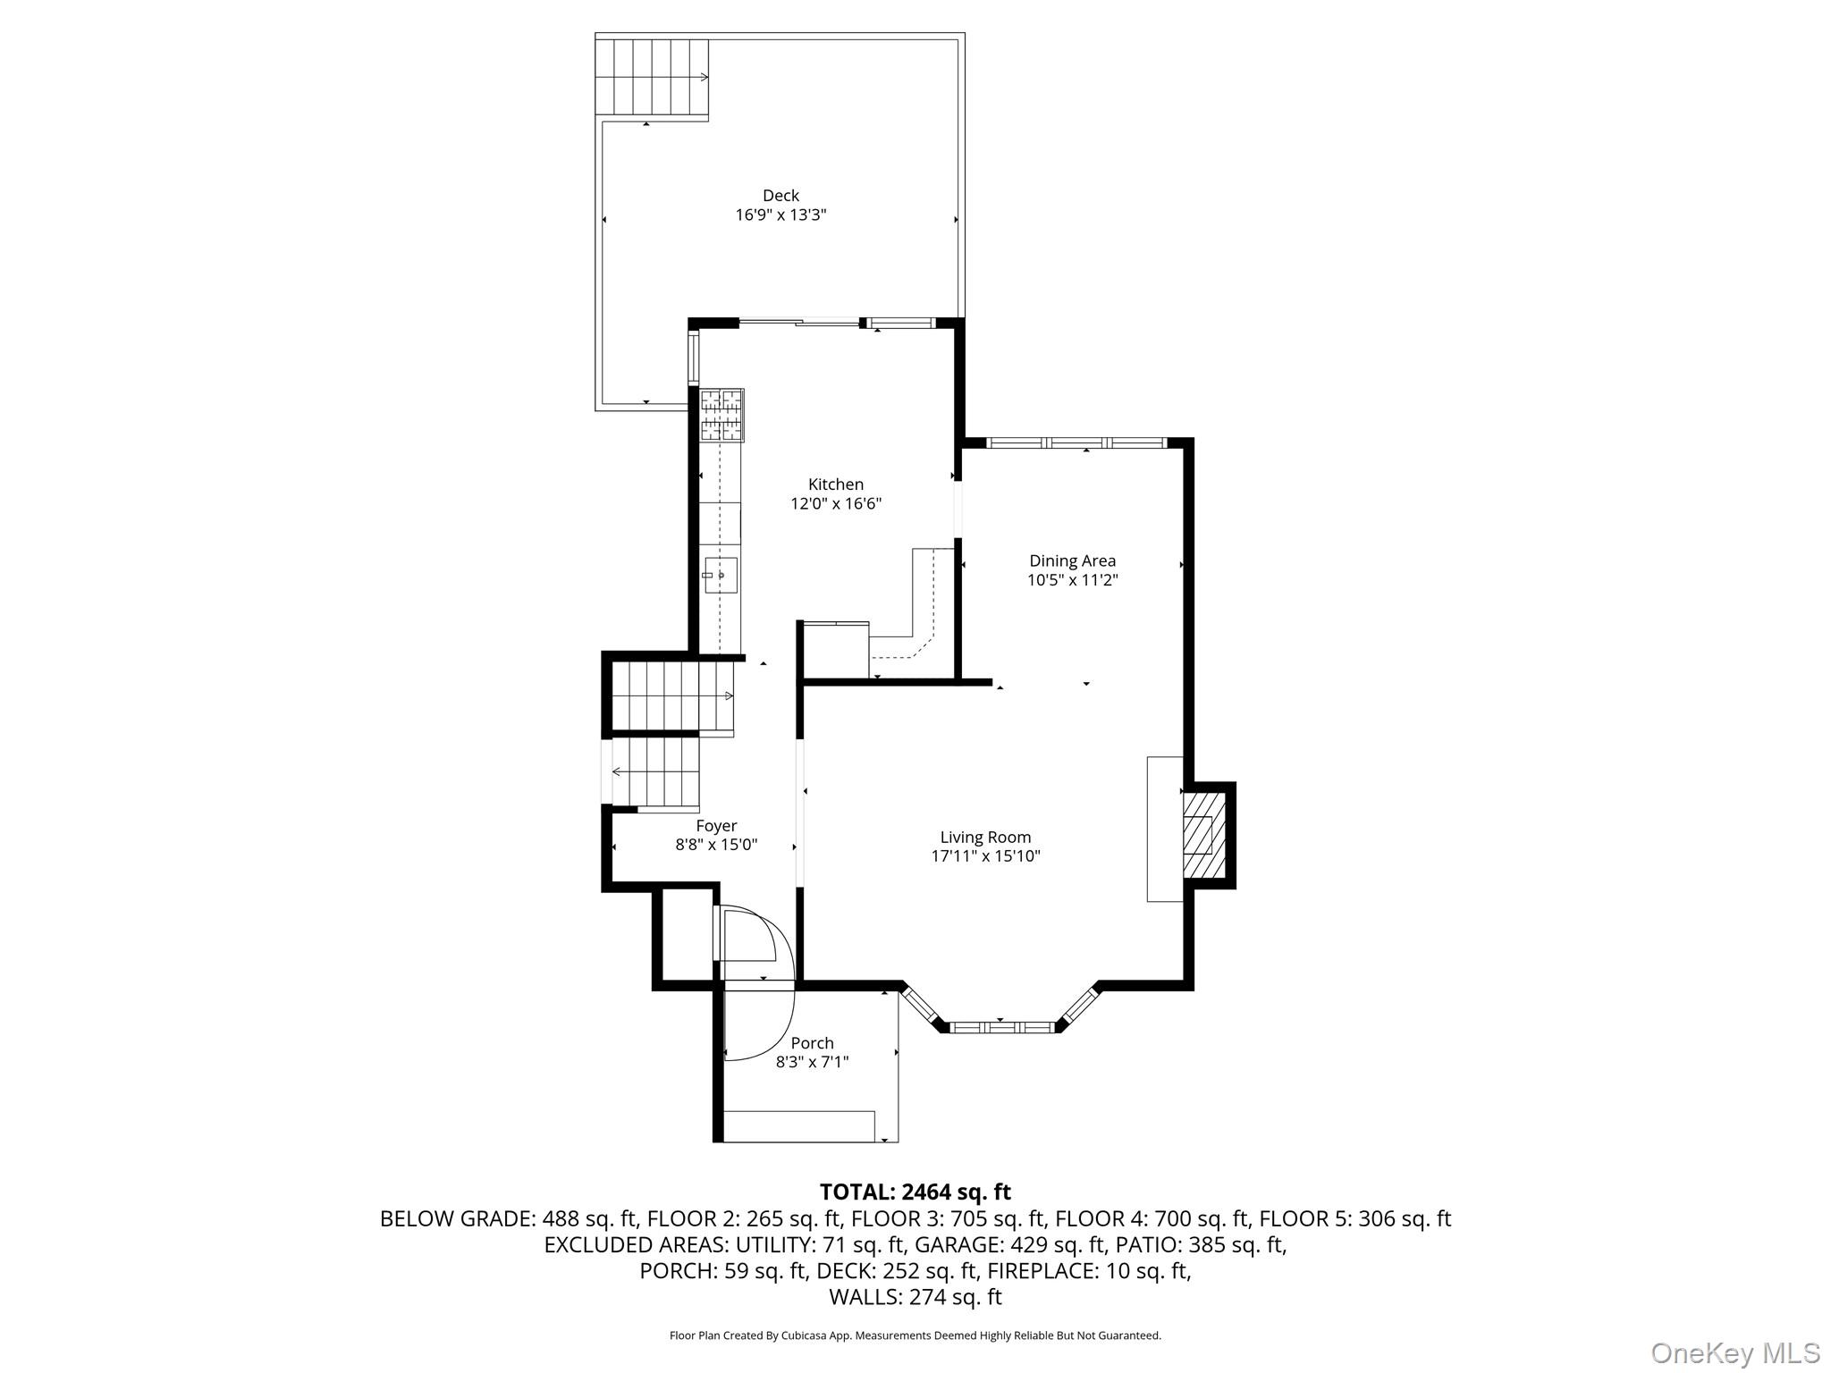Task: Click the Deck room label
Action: pos(780,196)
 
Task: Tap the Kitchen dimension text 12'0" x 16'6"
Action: pos(836,504)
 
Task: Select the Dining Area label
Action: pos(1072,561)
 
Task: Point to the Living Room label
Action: pos(985,838)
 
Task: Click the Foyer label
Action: pos(716,827)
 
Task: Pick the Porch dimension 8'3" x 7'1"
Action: pos(812,1063)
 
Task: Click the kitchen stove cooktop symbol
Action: pos(721,415)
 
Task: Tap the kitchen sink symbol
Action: pos(721,575)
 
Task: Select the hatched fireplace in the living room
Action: pos(1198,836)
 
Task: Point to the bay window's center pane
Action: pos(1000,1028)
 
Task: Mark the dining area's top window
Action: pos(1076,442)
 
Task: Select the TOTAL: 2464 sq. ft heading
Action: pos(915,1192)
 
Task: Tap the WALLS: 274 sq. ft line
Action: pos(915,1297)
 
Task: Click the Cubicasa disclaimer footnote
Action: pos(915,1336)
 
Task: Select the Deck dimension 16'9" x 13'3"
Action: pos(780,215)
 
